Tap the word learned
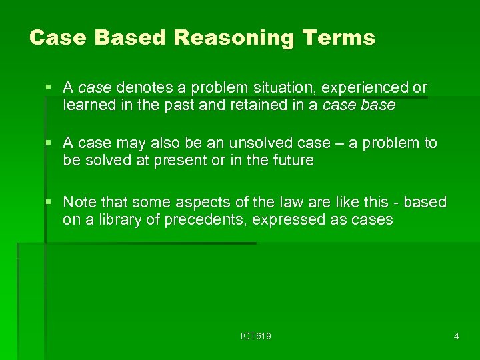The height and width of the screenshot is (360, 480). point(88,105)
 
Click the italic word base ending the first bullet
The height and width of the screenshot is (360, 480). point(379,105)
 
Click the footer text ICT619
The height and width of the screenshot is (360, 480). point(256,337)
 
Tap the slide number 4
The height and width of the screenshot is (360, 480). point(456,337)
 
